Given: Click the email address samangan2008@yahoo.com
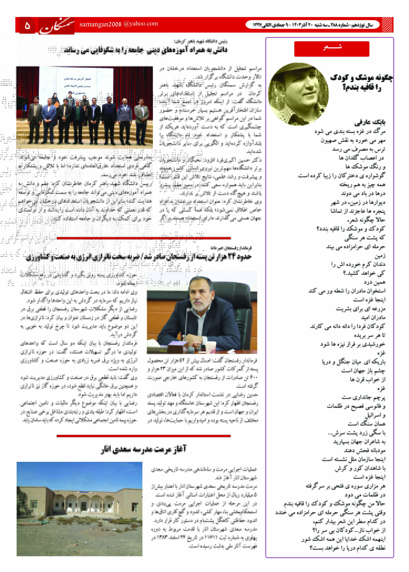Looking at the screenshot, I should [x=119, y=24].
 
